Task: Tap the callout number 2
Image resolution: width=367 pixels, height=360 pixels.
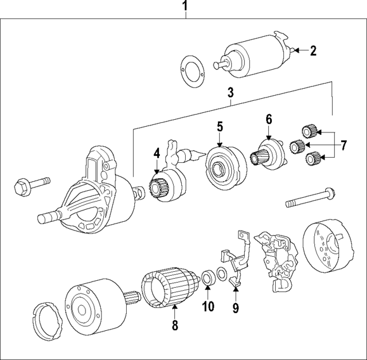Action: click(x=313, y=50)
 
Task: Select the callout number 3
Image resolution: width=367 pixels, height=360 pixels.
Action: click(x=231, y=92)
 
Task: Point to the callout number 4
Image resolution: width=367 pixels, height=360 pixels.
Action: click(x=157, y=154)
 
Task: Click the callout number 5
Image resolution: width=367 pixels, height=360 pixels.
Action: click(x=219, y=126)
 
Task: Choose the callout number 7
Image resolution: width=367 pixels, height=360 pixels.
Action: click(x=343, y=145)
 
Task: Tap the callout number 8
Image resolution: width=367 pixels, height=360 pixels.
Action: click(x=175, y=326)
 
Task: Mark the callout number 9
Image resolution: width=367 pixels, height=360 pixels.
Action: click(x=235, y=307)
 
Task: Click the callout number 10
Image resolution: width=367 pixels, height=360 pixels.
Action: click(x=208, y=307)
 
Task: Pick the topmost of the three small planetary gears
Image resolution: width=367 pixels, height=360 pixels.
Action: click(x=309, y=132)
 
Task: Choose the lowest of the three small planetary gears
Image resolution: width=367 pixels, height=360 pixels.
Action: click(x=313, y=158)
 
